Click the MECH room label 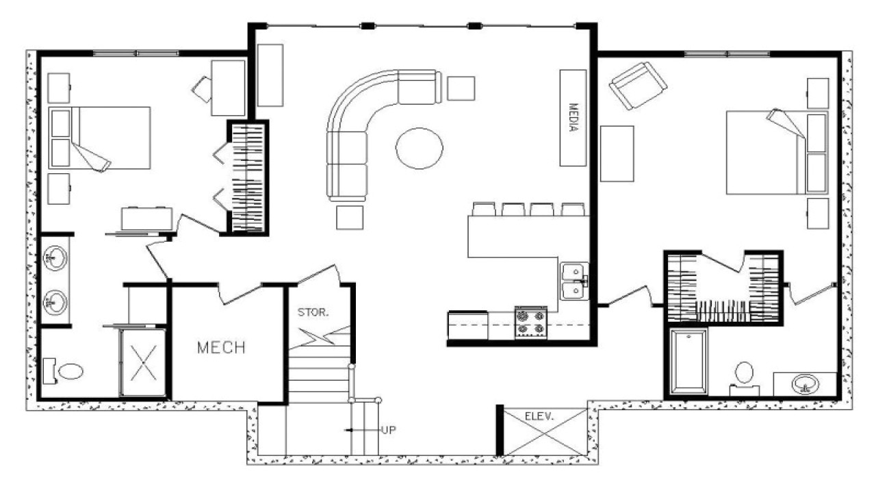221,348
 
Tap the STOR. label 313,313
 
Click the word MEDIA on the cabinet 574,118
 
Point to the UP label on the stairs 388,430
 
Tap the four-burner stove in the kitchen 531,323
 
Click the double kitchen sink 574,281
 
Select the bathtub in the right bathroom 688,362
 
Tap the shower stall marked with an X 143,362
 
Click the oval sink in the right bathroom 806,383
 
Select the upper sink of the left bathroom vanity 55,258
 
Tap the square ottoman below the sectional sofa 349,217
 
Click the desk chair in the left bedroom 203,87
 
